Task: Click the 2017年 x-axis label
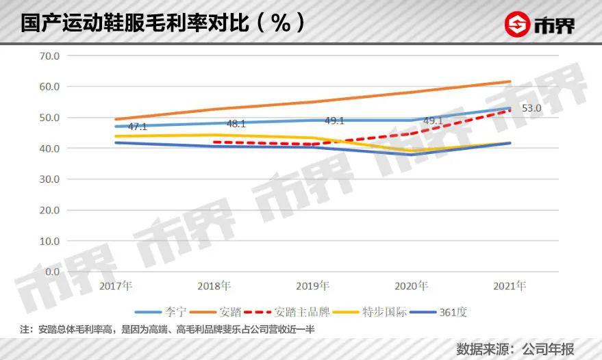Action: point(116,285)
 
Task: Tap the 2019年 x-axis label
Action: point(313,285)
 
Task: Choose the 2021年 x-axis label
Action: point(510,285)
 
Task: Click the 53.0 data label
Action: point(532,108)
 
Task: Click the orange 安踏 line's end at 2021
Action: point(510,81)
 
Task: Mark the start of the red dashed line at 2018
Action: point(215,142)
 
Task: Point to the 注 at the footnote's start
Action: point(25,330)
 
